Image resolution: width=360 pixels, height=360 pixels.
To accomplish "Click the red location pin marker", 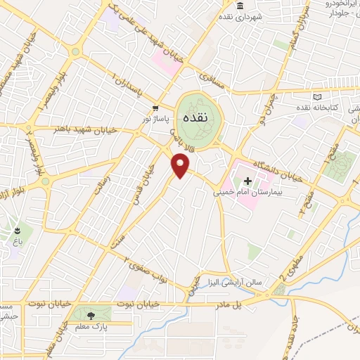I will pos(181,165).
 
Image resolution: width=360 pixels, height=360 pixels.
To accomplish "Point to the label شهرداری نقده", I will pos(244,15).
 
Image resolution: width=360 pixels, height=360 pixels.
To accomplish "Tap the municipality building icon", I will pos(240,6).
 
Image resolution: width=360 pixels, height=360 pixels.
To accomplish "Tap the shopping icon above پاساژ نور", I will pos(155,108).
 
